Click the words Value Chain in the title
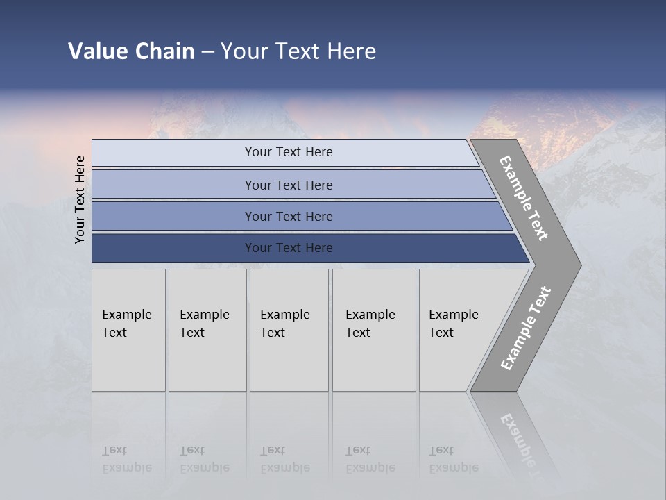131,51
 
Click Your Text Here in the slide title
298,51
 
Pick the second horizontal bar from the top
289,185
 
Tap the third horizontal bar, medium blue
289,216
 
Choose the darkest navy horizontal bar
289,248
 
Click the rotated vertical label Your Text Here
80,199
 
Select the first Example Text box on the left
128,330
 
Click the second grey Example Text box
207,330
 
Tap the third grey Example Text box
289,330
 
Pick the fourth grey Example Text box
373,330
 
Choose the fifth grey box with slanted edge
458,330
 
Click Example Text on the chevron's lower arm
526,328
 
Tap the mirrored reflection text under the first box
126,460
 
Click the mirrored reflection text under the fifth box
453,460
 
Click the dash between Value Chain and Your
207,52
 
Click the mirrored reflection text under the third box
284,460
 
